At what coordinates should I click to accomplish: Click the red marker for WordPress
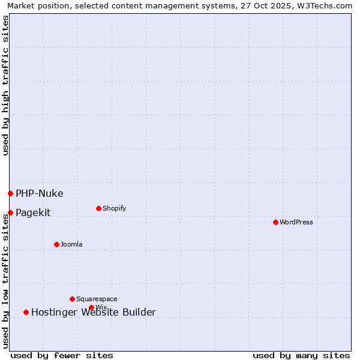click(275, 222)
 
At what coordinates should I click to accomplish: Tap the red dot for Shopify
click(98, 208)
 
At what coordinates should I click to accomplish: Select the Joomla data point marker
click(56, 244)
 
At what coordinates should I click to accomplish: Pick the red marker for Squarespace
click(72, 299)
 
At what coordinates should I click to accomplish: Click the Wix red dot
click(91, 307)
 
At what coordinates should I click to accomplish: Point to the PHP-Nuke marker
click(10, 193)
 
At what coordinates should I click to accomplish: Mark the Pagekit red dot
click(10, 212)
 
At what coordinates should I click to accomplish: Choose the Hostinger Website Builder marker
click(26, 312)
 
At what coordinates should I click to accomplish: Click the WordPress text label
click(296, 222)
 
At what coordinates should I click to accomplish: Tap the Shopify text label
click(114, 208)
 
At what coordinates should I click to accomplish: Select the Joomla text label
click(71, 244)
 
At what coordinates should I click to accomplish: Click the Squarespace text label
click(97, 299)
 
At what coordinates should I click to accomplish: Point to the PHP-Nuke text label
click(39, 193)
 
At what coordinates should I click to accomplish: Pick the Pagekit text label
click(33, 212)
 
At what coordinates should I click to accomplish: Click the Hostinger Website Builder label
click(93, 312)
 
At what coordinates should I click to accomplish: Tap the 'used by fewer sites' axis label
click(62, 355)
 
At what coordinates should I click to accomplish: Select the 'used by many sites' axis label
click(301, 355)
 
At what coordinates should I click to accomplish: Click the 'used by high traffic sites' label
click(5, 85)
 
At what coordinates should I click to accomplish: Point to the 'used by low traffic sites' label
click(5, 280)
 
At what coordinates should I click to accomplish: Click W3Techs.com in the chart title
click(325, 5)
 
